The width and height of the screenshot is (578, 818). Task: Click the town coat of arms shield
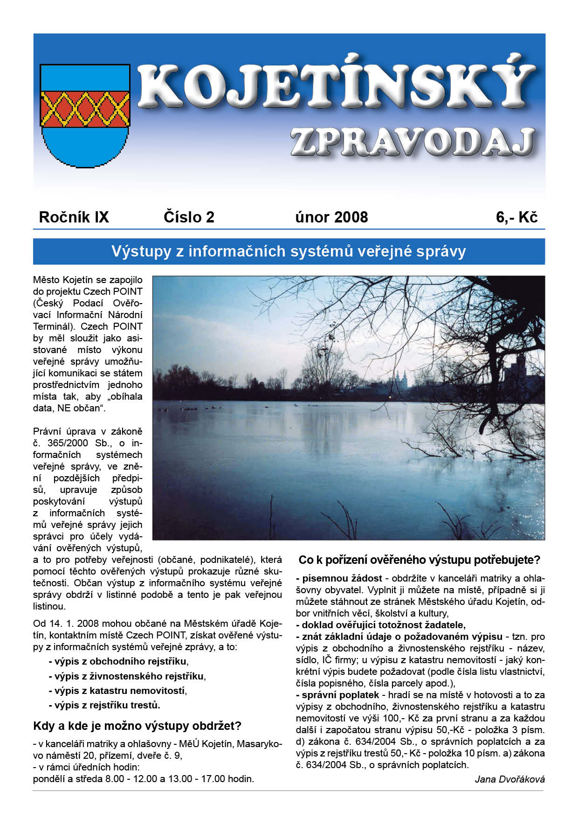click(85, 115)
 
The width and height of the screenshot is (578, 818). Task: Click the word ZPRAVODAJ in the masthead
click(412, 141)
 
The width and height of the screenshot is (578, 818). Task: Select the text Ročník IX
click(74, 217)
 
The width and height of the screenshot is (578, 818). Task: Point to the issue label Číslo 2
click(189, 217)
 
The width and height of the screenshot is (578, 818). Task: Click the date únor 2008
click(331, 217)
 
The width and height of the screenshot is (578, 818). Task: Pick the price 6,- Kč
click(516, 217)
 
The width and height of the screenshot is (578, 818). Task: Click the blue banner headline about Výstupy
click(289, 251)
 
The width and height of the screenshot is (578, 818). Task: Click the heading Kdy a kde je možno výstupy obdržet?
click(137, 726)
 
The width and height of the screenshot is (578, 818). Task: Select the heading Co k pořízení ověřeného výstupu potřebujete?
click(419, 560)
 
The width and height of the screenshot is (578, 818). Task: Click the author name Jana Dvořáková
click(509, 779)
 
